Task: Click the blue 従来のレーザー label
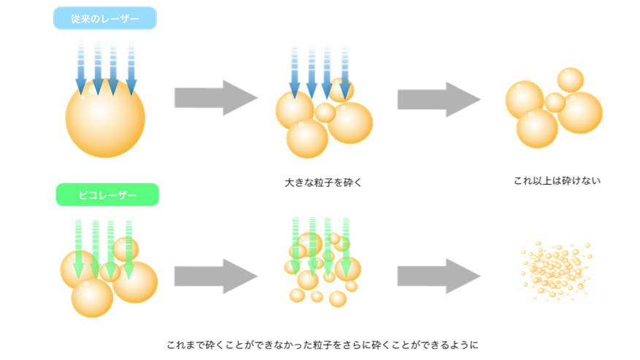coord(105,18)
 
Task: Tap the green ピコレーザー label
coord(107,195)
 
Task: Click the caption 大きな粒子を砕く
coord(323,183)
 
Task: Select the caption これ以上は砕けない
coord(557,180)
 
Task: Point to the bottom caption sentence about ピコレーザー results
coord(322,344)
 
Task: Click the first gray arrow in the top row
coord(215,98)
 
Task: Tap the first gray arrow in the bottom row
coord(215,276)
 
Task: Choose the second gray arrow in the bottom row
coord(439,276)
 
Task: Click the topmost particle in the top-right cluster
coord(570,80)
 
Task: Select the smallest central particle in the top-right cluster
coord(555,102)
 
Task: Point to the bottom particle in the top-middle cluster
coord(306,139)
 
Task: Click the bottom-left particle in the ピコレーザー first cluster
coord(92,296)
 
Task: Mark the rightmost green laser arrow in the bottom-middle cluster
coord(346,245)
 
